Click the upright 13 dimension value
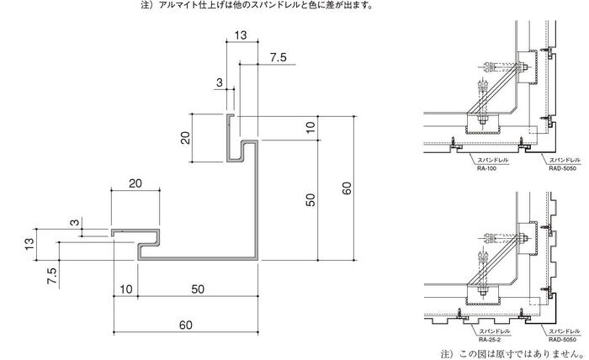coord(241,35)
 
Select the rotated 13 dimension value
coord(29,244)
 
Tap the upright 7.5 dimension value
coord(278,57)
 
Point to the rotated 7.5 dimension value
coord(52,276)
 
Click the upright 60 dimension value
coord(186,325)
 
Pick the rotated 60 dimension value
coord(347,188)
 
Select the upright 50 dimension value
coord(198,289)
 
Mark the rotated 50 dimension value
coord(310,199)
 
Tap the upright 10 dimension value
coord(126,289)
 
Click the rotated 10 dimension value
coord(310,128)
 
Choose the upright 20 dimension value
coord(135,183)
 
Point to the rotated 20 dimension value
coord(185,138)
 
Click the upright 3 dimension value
coord(220,82)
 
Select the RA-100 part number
coord(486,168)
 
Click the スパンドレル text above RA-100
coord(492,160)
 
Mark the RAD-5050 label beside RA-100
coord(562,168)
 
